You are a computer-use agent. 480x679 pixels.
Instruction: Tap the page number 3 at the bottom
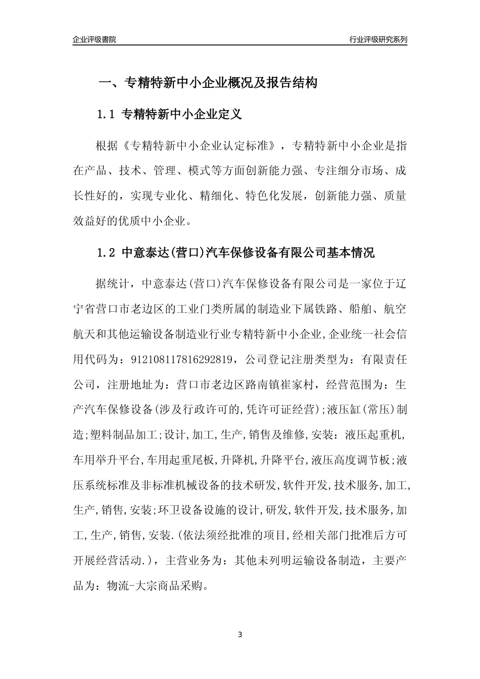[240, 634]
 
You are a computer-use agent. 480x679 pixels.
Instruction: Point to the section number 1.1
[107, 115]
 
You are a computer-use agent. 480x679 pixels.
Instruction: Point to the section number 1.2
[107, 253]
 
